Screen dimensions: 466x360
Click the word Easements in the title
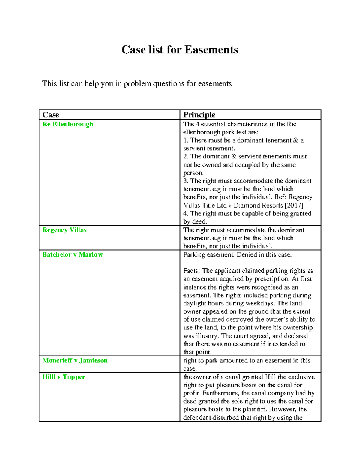point(211,50)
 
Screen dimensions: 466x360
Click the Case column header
point(51,115)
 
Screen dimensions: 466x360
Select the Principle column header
point(199,115)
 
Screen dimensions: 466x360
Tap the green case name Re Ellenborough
point(67,124)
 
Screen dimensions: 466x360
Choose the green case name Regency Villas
point(64,230)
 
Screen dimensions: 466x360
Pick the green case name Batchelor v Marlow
point(73,255)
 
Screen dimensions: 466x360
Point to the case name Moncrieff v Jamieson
point(75,361)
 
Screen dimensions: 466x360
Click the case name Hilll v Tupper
point(64,377)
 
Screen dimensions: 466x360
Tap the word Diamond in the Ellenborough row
point(246,206)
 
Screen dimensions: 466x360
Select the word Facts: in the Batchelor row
point(192,271)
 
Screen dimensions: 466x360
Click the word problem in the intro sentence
point(137,84)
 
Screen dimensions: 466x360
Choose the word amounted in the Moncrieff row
point(232,361)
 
